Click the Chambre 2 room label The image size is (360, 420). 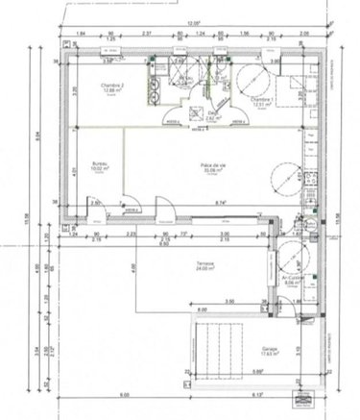(116, 85)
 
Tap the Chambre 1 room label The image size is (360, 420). (261, 99)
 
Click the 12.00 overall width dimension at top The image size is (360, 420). (192, 25)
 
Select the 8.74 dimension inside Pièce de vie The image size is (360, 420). (219, 203)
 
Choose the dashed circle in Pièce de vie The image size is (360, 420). (285, 177)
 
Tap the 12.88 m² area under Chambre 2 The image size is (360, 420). (116, 91)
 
